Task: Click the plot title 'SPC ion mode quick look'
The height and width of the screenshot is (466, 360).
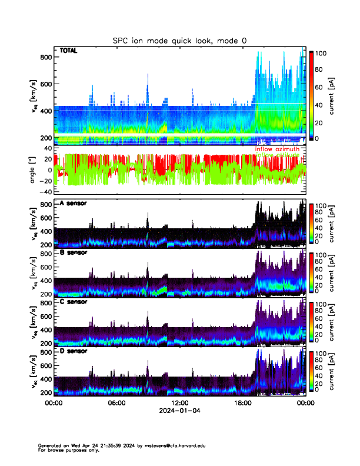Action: click(179, 40)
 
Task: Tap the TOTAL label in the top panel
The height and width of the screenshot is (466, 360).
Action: click(68, 51)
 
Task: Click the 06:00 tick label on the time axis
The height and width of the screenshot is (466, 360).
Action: click(116, 403)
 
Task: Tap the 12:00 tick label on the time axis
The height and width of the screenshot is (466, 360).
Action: click(179, 403)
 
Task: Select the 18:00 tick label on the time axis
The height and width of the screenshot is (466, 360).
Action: click(242, 403)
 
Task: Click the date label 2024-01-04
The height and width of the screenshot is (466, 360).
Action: click(179, 411)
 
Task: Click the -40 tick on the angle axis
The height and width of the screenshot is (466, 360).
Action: click(45, 192)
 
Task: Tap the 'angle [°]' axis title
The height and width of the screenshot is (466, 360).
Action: click(34, 170)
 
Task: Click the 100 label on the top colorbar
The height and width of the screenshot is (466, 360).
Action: click(322, 53)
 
